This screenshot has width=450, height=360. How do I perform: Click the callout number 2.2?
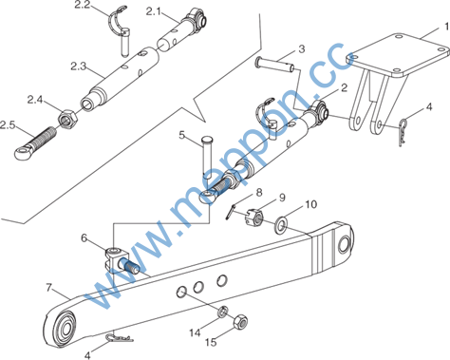83,5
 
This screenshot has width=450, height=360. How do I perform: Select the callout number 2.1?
153,11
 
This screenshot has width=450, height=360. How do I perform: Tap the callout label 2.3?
78,66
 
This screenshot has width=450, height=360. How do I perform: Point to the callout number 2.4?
35,100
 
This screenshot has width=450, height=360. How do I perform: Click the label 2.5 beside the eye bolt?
8,125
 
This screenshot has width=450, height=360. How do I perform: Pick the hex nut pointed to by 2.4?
67,119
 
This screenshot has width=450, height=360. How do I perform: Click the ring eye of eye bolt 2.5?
23,154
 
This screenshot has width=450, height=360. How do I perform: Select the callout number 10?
311,204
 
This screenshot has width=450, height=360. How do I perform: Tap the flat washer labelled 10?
281,225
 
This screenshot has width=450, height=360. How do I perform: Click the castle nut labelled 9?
254,218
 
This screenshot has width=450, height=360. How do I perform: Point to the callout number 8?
259,192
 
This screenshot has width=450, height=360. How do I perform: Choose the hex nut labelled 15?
240,322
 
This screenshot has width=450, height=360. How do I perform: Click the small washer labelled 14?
223,312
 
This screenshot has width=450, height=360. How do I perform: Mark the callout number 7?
48,288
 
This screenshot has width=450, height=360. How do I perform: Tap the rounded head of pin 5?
208,140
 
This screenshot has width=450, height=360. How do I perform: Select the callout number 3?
302,49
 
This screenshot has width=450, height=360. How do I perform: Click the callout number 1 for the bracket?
446,27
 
